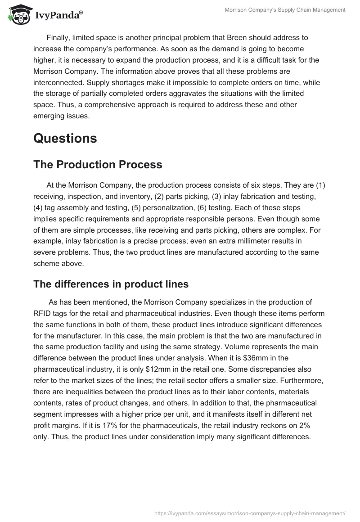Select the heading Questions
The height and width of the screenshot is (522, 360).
[x=65, y=138]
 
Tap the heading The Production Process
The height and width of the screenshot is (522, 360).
[x=98, y=165]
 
